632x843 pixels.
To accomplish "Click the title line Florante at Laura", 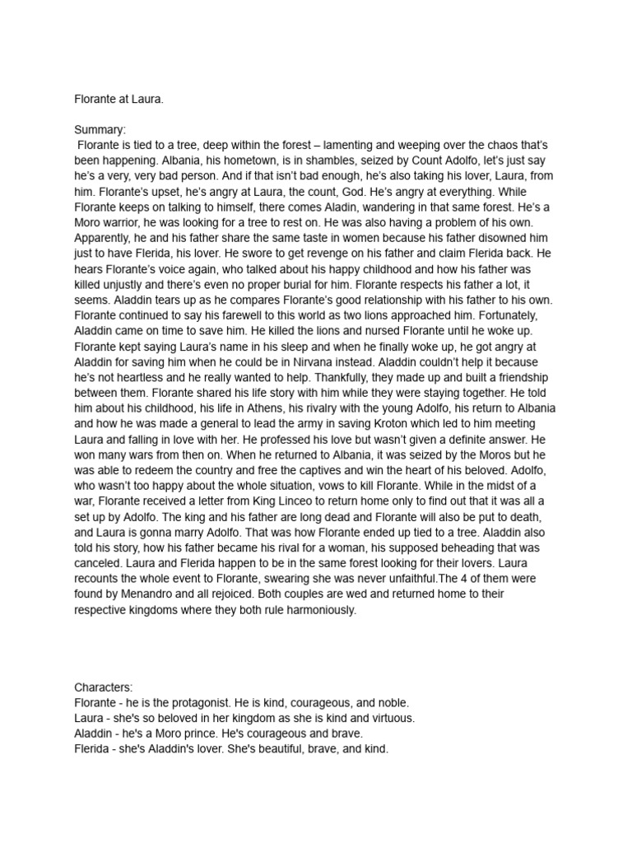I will click(118, 99).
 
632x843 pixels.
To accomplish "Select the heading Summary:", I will click(100, 130).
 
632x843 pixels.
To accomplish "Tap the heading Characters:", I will click(104, 687).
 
